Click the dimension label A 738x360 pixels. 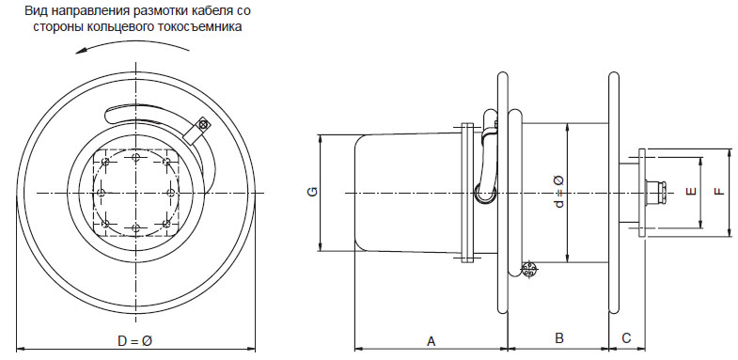point(432,340)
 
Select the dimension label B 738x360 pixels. point(559,337)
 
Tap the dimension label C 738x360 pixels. point(626,337)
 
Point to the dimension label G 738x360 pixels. point(312,192)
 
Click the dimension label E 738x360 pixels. point(691,191)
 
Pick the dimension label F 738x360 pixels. point(718,191)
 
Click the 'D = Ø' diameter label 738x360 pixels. point(134,340)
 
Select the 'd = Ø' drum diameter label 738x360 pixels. point(558,192)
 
